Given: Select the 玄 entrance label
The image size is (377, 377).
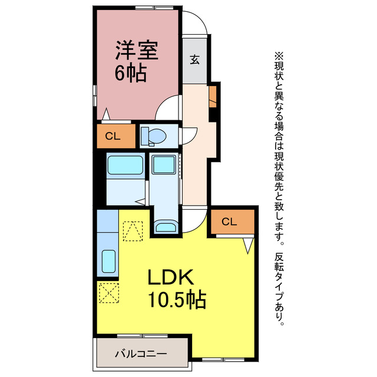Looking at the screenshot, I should coord(194,59).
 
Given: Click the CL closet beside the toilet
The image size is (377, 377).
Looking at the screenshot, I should coord(115,136).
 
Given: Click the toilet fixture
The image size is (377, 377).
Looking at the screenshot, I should coord(156,136).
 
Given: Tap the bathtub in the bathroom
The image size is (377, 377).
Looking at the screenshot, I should coord(125,164).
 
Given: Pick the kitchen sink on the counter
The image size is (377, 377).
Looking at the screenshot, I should coord(108,260).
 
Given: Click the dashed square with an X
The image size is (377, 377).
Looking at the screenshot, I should coord(108,293).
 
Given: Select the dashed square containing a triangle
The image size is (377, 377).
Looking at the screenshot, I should coord(133,232).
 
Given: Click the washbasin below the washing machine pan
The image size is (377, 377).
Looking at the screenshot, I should coord(164,227).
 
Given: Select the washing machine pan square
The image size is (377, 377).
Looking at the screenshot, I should coord(163,165).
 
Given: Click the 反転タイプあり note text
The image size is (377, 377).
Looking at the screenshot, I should coord(279,289).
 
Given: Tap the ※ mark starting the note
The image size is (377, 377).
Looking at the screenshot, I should coord(279,56).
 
